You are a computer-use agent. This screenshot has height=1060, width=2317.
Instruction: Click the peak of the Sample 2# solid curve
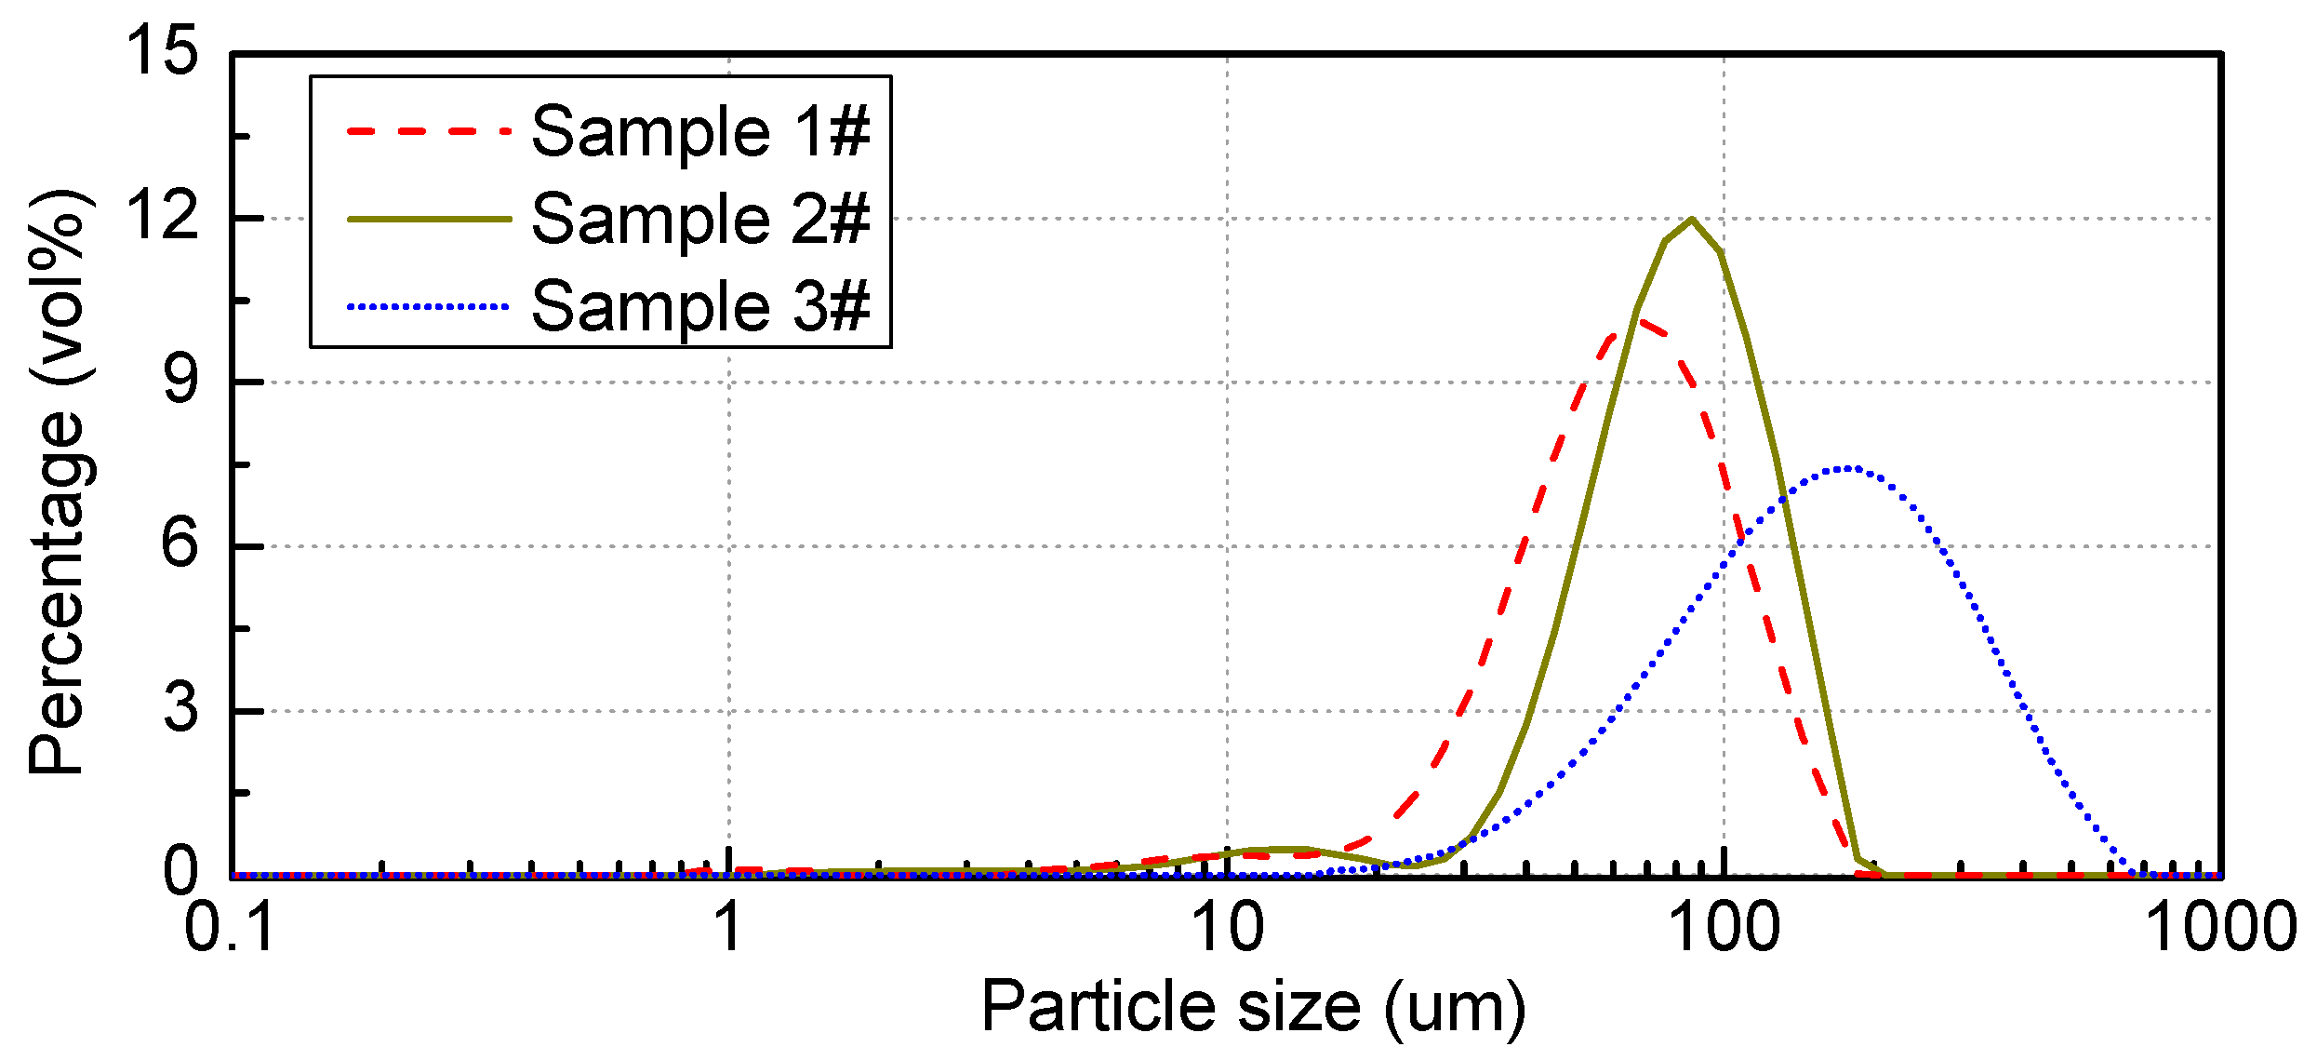pyautogui.click(x=1692, y=220)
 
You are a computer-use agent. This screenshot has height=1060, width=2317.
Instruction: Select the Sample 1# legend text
pyautogui.click(x=700, y=131)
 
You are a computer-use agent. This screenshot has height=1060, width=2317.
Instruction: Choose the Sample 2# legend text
pyautogui.click(x=700, y=219)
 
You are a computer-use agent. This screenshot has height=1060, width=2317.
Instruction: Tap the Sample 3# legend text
pyautogui.click(x=700, y=306)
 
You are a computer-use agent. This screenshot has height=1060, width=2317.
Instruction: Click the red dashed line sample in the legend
pyautogui.click(x=429, y=131)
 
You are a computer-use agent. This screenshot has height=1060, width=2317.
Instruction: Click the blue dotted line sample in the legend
pyautogui.click(x=429, y=306)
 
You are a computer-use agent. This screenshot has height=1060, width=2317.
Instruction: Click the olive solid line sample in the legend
pyautogui.click(x=429, y=220)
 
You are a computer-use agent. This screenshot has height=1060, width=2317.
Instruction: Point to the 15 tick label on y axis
pyautogui.click(x=163, y=50)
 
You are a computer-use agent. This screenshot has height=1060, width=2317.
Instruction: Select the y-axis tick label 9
pyautogui.click(x=180, y=381)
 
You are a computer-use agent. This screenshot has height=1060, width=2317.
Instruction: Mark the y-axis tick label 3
pyautogui.click(x=180, y=709)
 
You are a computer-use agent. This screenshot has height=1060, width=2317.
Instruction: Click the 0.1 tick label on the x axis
pyautogui.click(x=230, y=928)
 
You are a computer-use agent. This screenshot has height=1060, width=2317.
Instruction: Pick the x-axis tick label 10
pyautogui.click(x=1226, y=928)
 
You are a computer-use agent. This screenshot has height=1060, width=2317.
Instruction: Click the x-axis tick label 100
pyautogui.click(x=1724, y=928)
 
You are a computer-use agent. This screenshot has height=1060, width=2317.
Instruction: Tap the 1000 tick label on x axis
pyautogui.click(x=2221, y=928)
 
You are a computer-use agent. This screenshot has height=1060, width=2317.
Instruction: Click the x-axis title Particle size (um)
pyautogui.click(x=1252, y=1009)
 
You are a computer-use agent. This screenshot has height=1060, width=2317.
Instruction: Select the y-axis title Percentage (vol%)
pyautogui.click(x=58, y=482)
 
